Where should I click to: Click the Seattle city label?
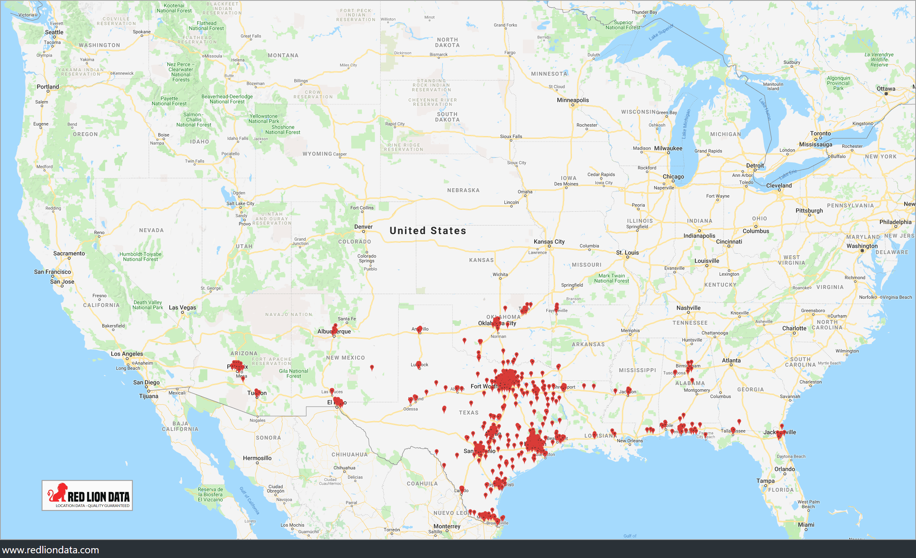pyautogui.click(x=54, y=32)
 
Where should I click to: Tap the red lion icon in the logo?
pyautogui.click(x=58, y=493)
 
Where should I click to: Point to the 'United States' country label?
pyautogui.click(x=428, y=231)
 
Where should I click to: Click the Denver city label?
pyautogui.click(x=363, y=227)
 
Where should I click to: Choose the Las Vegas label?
pyautogui.click(x=182, y=307)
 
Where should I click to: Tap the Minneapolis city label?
pyautogui.click(x=573, y=100)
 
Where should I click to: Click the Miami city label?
pyautogui.click(x=806, y=525)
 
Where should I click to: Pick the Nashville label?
pyautogui.click(x=688, y=308)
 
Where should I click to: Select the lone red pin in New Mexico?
pyautogui.click(x=372, y=367)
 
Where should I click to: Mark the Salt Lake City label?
pyautogui.click(x=240, y=204)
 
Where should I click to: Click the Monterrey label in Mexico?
pyautogui.click(x=447, y=526)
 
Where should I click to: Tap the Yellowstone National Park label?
pyautogui.click(x=263, y=119)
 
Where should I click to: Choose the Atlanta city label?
pyautogui.click(x=731, y=360)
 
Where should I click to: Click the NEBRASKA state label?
pyautogui.click(x=463, y=190)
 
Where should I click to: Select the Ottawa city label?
pyautogui.click(x=886, y=89)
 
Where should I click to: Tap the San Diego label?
pyautogui.click(x=146, y=382)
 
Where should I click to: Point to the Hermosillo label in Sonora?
pyautogui.click(x=257, y=458)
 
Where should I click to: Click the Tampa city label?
pyautogui.click(x=765, y=481)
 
